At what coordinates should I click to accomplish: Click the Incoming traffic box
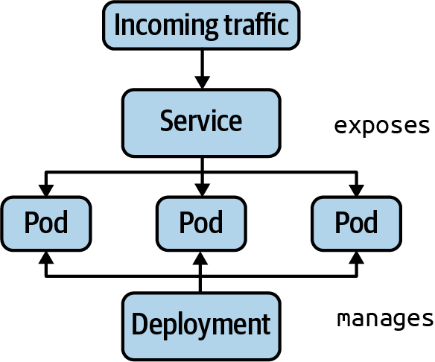(x=201, y=25)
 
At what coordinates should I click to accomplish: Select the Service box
(x=201, y=122)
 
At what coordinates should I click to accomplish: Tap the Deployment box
(x=201, y=324)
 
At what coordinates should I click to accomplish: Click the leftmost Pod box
(x=46, y=223)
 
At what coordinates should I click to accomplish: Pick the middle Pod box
(x=201, y=223)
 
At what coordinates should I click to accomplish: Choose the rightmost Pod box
(x=356, y=223)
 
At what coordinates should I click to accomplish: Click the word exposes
(x=382, y=125)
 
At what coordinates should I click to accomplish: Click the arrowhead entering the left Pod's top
(x=46, y=189)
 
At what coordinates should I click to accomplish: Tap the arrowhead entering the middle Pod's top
(x=201, y=189)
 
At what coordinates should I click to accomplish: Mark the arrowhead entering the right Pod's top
(x=356, y=189)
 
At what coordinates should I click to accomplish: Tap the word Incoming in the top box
(x=157, y=26)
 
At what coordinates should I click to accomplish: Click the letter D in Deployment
(x=139, y=324)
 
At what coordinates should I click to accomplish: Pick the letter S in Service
(x=166, y=121)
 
